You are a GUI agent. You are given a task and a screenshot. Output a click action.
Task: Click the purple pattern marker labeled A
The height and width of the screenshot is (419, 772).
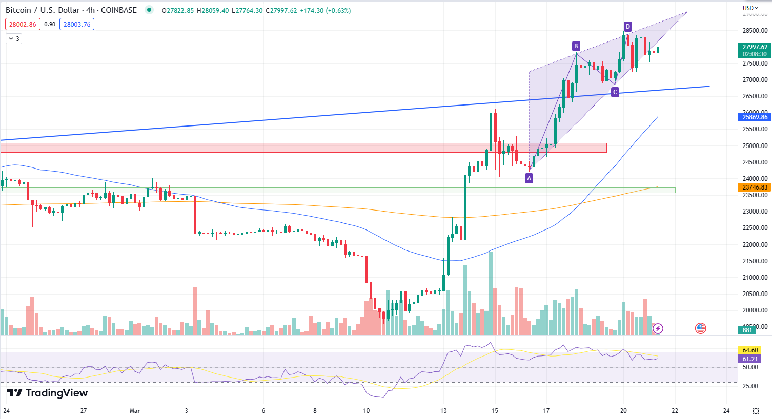click(529, 178)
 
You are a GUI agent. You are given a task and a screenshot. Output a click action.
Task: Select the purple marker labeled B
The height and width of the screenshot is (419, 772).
click(576, 46)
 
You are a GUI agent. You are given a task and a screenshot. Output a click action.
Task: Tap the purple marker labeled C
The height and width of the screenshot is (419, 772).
click(615, 92)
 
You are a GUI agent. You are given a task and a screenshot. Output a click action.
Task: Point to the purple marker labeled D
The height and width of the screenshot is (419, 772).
click(627, 27)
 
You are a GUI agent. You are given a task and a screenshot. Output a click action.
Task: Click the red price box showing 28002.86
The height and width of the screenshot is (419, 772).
click(23, 24)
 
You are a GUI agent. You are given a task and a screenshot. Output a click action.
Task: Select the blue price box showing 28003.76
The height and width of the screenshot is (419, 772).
click(77, 24)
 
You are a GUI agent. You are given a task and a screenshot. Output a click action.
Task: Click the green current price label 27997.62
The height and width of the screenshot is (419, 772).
click(755, 50)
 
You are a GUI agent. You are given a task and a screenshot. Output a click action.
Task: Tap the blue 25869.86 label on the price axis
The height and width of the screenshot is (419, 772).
click(755, 117)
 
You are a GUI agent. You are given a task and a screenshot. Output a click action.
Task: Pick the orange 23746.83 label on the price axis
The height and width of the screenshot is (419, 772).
click(755, 187)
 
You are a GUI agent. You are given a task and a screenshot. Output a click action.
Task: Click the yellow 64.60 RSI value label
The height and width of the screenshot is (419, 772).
click(749, 350)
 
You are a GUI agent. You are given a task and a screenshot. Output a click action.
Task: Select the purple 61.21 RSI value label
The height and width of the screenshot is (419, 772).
click(749, 359)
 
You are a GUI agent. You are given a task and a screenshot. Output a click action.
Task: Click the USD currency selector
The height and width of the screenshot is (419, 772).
click(750, 8)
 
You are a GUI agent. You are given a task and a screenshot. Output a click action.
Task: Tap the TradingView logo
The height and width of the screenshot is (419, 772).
click(47, 393)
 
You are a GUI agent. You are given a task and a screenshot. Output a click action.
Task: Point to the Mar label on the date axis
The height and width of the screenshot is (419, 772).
click(135, 411)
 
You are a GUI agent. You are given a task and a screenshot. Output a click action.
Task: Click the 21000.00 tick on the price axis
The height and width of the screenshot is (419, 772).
click(755, 278)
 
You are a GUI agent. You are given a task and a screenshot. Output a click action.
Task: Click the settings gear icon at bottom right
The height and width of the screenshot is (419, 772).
click(756, 411)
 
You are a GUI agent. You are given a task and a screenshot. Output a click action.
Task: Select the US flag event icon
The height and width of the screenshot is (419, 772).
click(700, 328)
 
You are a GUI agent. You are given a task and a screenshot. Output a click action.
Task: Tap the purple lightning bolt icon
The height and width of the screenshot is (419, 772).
click(658, 328)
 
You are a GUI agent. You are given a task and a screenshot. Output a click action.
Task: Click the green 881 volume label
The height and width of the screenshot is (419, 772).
click(747, 330)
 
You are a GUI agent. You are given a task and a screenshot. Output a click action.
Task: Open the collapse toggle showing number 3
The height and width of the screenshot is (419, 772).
click(14, 39)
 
